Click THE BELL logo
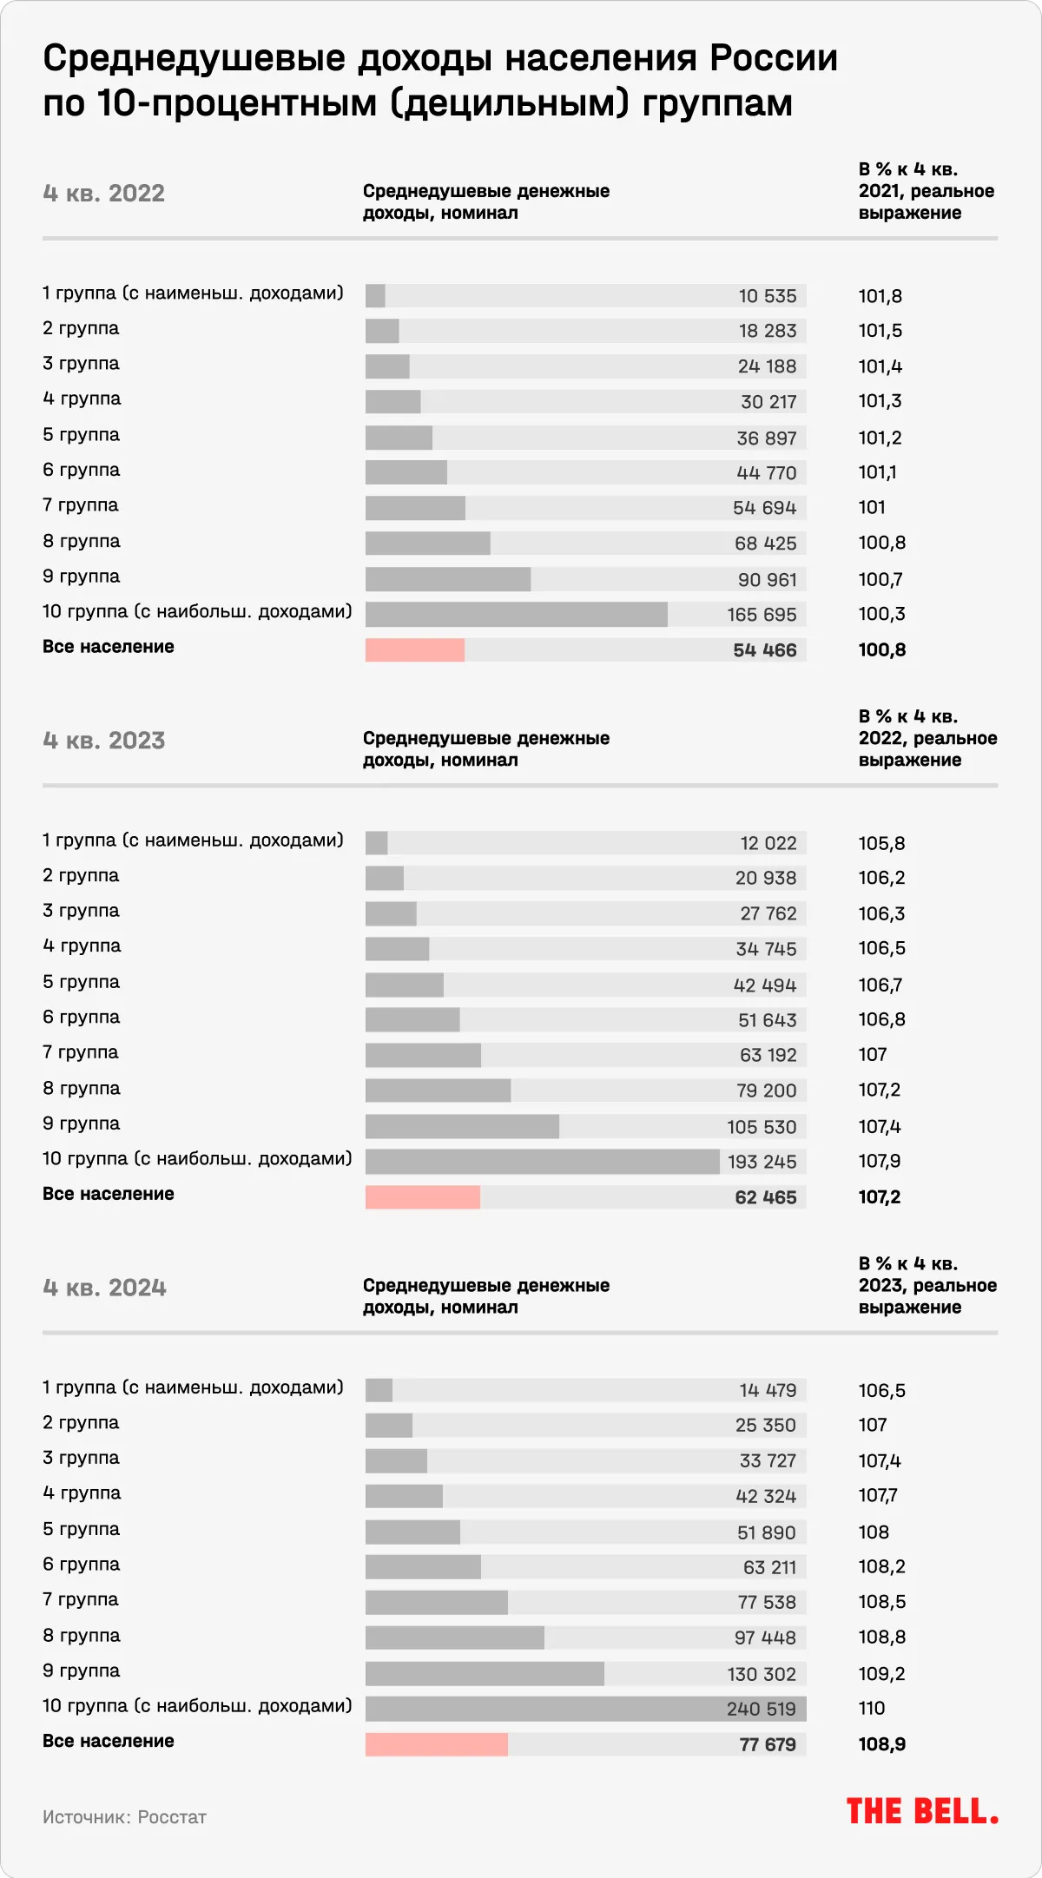coord(922,1812)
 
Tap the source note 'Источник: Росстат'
coord(124,1817)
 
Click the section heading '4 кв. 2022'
coord(103,193)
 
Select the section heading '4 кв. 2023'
coord(103,740)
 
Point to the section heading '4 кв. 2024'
coord(104,1287)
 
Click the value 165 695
coord(762,615)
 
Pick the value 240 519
coord(762,1709)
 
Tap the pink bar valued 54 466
coord(415,649)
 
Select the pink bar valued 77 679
coord(437,1743)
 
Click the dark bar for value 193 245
coord(543,1162)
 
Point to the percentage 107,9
coord(880,1162)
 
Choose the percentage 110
coord(872,1709)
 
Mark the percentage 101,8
coord(880,296)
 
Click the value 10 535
coord(768,296)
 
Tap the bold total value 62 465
coord(765,1197)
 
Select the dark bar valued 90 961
coord(448,579)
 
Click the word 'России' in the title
coord(774,59)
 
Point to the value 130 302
coord(762,1674)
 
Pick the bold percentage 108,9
coord(881,1744)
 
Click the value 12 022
coord(768,843)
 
